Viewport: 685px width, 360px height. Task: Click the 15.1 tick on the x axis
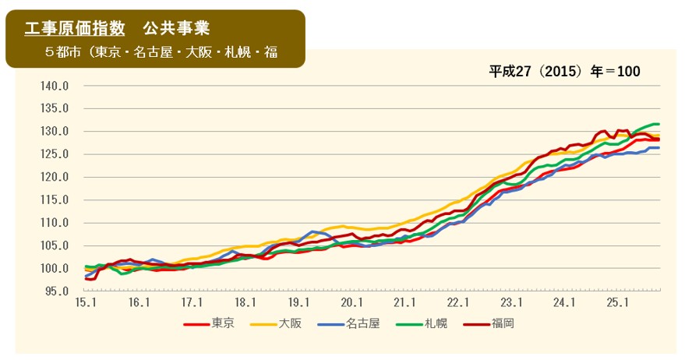click(x=85, y=302)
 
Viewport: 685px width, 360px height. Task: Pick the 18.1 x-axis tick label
click(x=245, y=302)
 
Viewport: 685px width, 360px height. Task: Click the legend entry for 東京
click(x=221, y=323)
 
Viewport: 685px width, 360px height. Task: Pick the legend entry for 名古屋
click(x=362, y=323)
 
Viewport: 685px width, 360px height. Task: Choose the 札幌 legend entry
click(x=436, y=323)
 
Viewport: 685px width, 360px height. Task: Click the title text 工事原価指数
click(x=75, y=28)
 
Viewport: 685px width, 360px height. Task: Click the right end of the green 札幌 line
click(x=659, y=124)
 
